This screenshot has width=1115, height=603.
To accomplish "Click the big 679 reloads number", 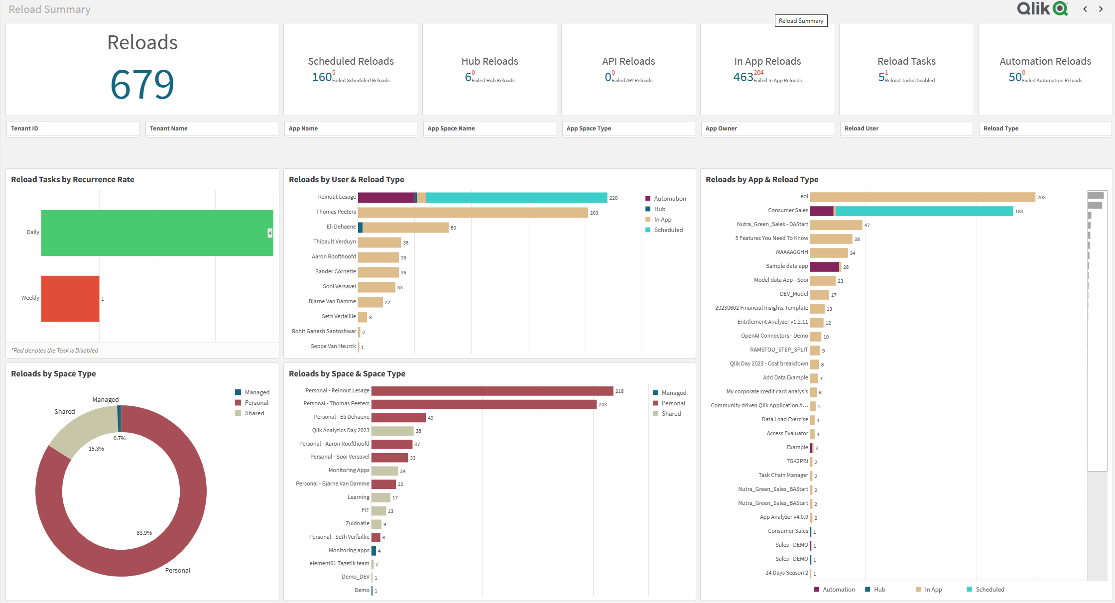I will click(142, 84).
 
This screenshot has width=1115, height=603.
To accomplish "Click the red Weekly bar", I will click(70, 298).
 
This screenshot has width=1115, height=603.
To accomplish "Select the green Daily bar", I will click(157, 233).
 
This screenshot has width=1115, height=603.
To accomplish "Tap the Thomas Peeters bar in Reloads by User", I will click(473, 213).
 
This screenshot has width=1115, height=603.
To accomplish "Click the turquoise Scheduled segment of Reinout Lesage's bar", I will click(516, 198).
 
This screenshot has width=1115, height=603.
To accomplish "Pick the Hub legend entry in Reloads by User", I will click(659, 209).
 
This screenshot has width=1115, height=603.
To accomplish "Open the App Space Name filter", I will click(489, 128).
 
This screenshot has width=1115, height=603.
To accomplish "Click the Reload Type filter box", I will click(1044, 128).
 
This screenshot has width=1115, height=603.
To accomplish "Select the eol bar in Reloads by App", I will click(922, 197).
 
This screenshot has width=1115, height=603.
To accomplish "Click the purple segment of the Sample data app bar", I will click(824, 267).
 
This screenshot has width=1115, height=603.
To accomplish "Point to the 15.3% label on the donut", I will click(96, 449).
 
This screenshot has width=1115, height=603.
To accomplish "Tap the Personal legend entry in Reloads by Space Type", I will click(256, 403).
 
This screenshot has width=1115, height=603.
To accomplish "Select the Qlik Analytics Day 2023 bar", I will click(392, 431).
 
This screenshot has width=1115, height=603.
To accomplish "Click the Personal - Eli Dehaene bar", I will click(398, 417).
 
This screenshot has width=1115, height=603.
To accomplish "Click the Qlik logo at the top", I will click(1042, 8).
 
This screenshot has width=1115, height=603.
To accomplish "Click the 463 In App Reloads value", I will click(743, 77).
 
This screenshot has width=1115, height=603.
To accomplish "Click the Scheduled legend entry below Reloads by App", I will click(989, 590).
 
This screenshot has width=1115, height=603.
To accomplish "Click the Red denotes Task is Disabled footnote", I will click(55, 351).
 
